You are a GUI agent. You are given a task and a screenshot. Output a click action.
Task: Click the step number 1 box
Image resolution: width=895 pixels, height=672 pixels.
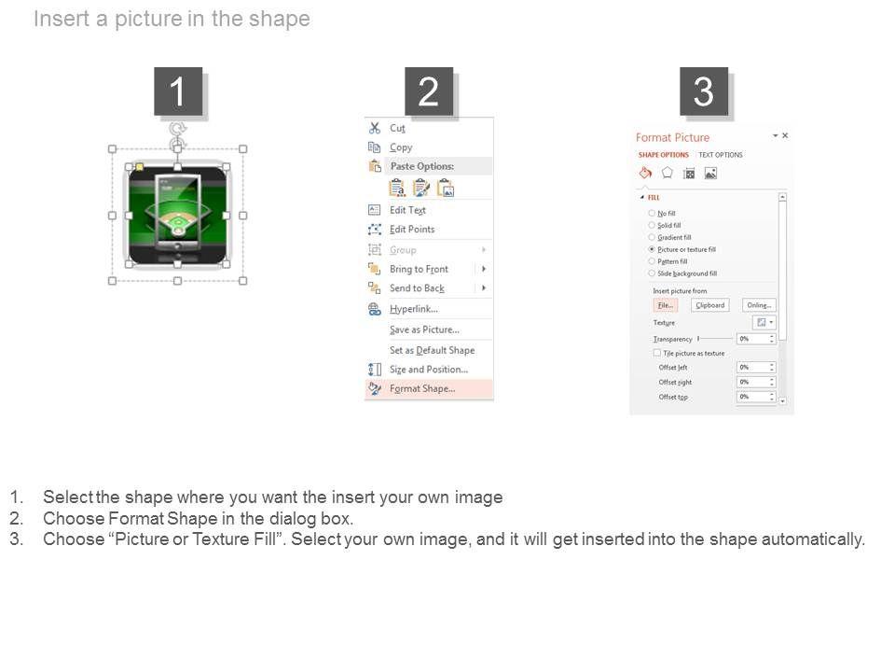tap(177, 91)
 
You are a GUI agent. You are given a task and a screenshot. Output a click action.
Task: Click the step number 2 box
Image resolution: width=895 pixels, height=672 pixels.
tap(429, 91)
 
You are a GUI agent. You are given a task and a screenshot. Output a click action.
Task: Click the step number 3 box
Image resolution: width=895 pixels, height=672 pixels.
tap(703, 91)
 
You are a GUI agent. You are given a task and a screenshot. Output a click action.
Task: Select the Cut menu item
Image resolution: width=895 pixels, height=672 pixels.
tap(397, 128)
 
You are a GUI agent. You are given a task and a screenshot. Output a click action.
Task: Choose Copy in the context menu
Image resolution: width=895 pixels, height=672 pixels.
tap(401, 147)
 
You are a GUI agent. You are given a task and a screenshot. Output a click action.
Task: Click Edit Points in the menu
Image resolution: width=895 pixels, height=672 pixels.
tap(411, 230)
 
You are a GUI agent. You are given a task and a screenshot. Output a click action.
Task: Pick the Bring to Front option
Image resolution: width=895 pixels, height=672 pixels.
tap(419, 269)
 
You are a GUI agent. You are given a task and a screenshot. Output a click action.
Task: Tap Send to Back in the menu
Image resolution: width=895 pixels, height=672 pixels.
tap(417, 288)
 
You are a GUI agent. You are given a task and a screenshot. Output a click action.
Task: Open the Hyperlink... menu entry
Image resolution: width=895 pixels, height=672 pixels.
tap(413, 309)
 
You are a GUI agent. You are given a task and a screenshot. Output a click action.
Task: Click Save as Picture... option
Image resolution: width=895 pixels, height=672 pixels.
tap(424, 329)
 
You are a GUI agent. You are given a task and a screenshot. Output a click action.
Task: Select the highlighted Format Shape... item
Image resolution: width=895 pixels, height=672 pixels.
tap(422, 389)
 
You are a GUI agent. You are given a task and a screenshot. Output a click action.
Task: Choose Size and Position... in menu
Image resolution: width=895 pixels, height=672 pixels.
tap(428, 370)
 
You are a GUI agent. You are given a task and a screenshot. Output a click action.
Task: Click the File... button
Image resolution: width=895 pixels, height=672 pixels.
tap(665, 305)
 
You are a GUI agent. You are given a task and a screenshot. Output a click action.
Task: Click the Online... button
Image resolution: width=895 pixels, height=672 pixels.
tap(759, 305)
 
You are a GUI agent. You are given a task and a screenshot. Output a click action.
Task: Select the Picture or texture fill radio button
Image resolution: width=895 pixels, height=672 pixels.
tap(652, 250)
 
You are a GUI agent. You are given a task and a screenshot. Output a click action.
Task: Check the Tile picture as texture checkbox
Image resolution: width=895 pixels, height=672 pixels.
tap(657, 354)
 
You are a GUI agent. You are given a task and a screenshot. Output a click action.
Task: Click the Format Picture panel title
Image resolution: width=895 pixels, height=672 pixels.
tap(672, 137)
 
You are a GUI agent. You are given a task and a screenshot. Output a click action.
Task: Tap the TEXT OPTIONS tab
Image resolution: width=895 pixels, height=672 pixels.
tap(721, 155)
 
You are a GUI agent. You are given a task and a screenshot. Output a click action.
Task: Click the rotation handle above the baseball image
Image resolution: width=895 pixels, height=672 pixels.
tap(178, 129)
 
